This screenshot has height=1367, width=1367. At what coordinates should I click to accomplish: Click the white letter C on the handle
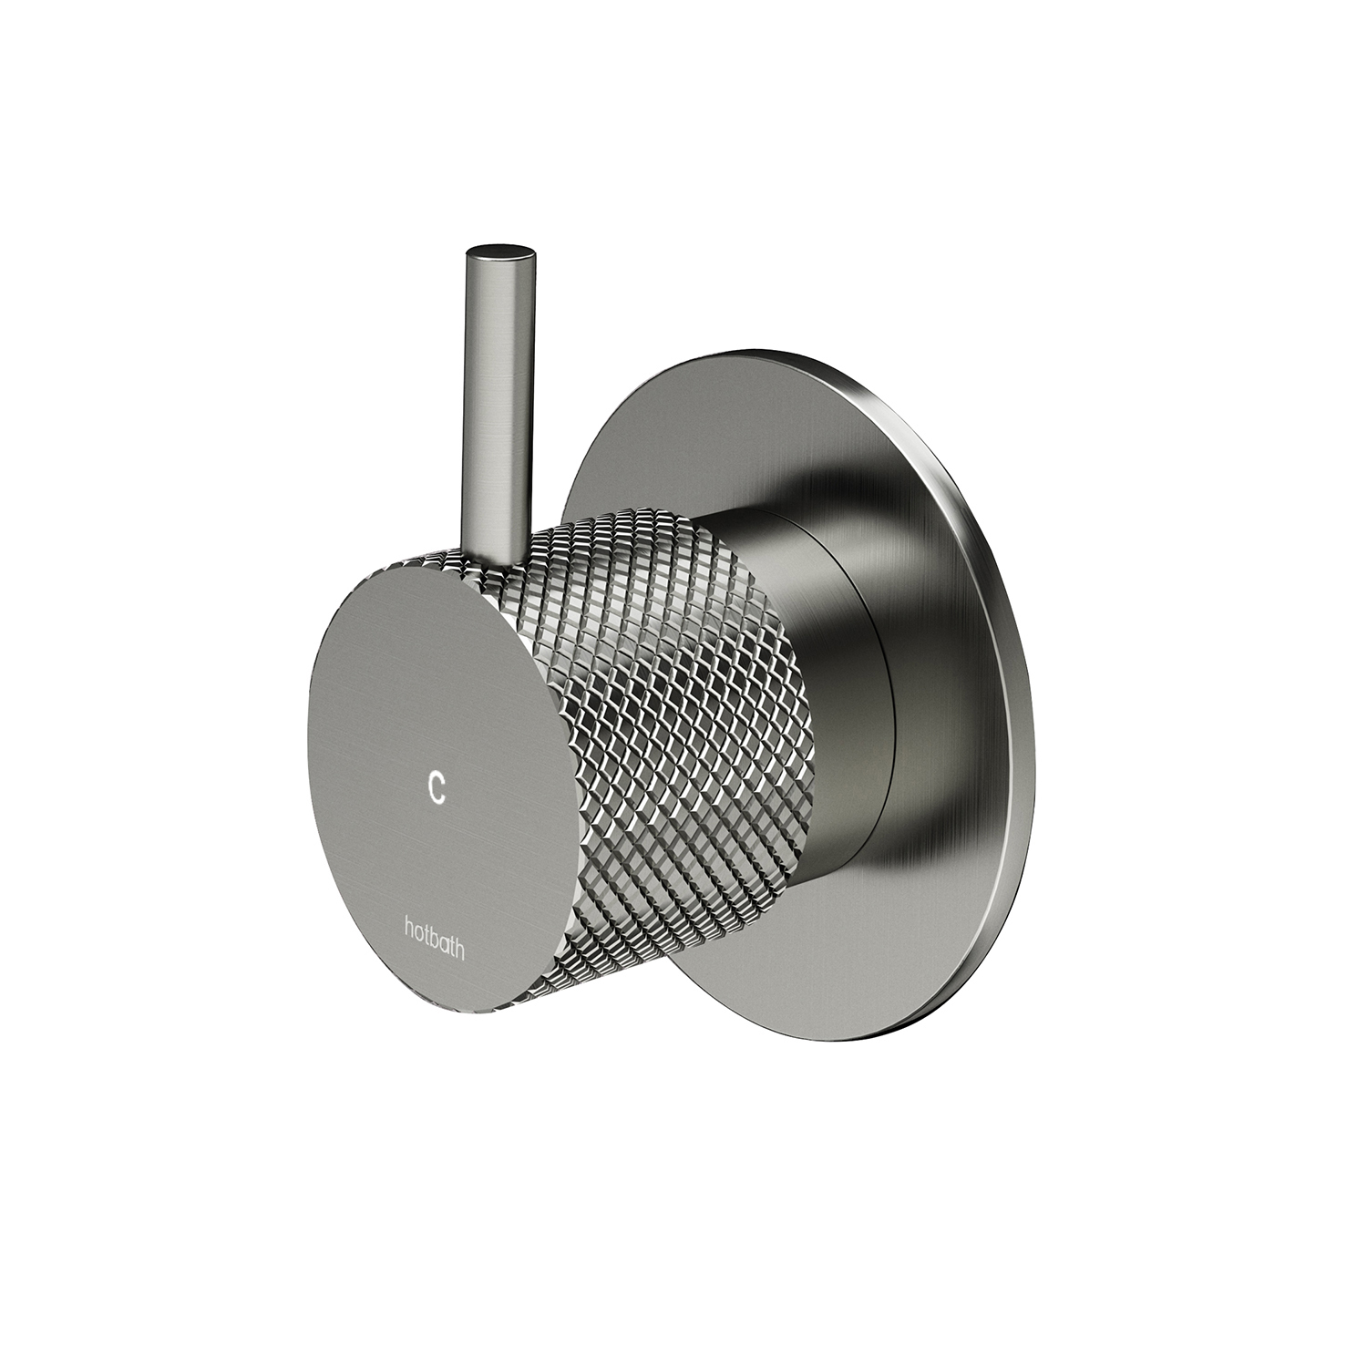point(437,786)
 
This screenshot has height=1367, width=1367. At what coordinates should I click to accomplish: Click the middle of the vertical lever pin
point(498,401)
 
